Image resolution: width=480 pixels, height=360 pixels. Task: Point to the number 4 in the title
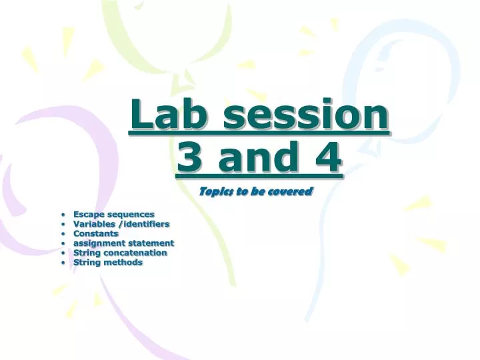pos(327,159)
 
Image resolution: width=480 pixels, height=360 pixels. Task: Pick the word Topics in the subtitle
pos(216,192)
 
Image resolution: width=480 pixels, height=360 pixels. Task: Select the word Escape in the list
pos(89,214)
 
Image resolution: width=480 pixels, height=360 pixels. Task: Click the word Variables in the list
pos(94,224)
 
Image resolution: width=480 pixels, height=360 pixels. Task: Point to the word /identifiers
pos(144,224)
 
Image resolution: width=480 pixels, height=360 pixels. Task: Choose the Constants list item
pos(96,233)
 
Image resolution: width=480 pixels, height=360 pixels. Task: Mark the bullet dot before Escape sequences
pos(62,215)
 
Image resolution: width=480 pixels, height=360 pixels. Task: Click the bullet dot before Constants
pos(62,234)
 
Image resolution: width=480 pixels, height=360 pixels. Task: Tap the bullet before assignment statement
pos(62,244)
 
